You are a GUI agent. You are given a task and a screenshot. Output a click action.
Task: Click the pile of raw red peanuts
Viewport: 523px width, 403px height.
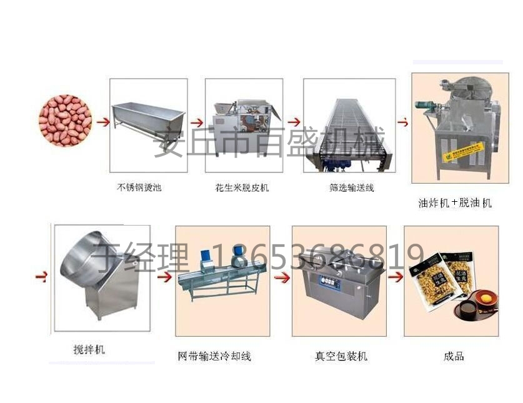[x=65, y=120]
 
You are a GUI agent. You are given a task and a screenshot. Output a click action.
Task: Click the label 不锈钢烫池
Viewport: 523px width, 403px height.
[x=139, y=187]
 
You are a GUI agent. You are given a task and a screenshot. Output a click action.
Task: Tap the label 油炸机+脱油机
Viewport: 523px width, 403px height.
[x=455, y=203]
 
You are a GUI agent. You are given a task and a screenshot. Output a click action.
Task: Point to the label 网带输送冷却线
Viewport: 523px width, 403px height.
[x=214, y=357]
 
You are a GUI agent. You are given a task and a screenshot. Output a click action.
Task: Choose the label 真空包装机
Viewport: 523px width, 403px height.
[x=341, y=357]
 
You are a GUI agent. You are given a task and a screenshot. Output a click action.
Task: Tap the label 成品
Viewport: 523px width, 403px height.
[x=454, y=357]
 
